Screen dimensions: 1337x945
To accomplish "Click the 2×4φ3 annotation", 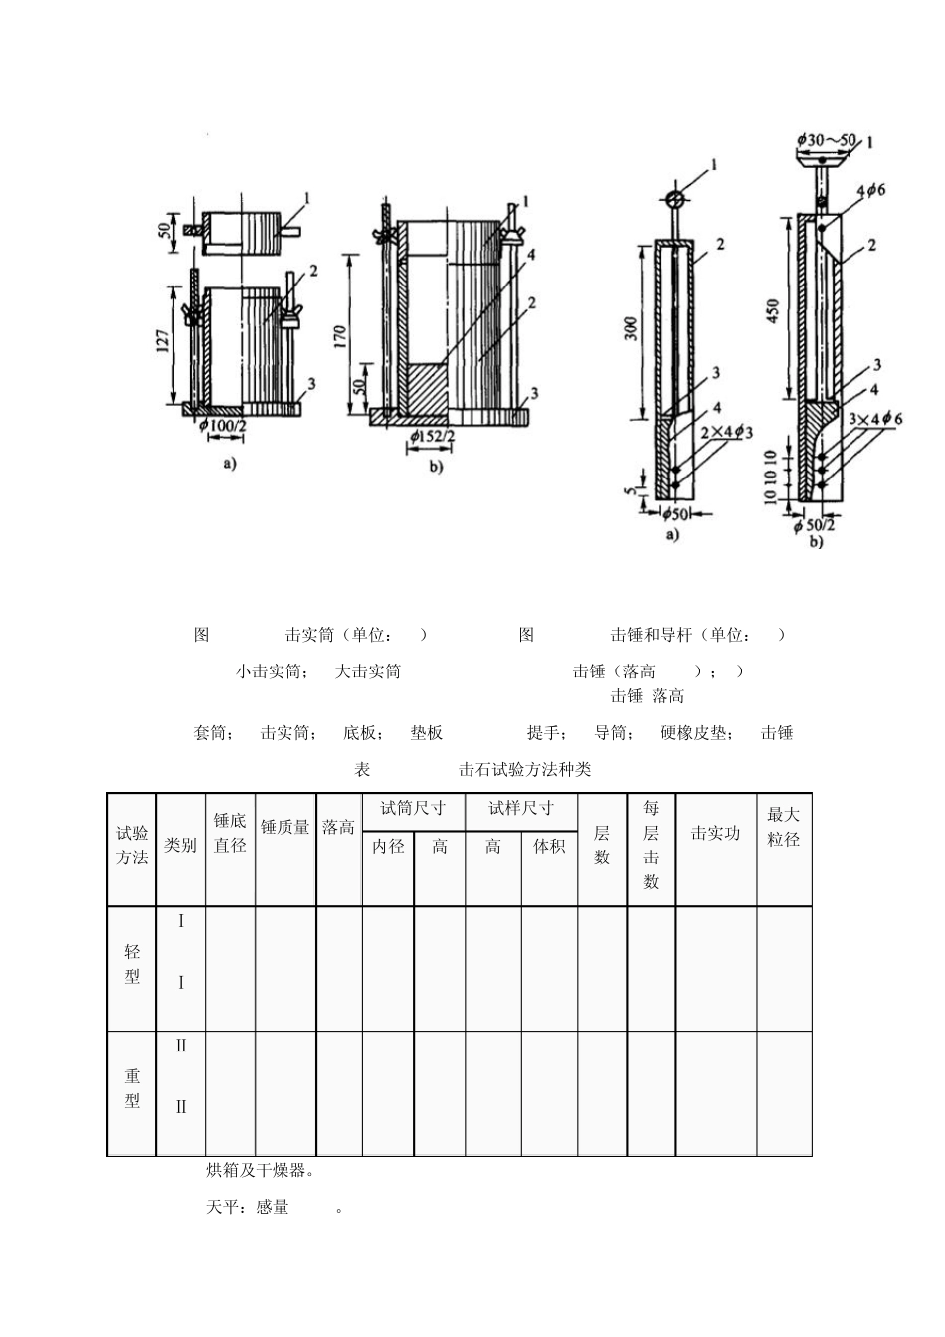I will [x=726, y=431].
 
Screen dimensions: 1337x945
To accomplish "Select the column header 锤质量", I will [x=285, y=827].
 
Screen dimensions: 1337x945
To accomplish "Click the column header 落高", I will [x=338, y=827].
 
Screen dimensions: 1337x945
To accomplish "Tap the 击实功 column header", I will [x=715, y=833].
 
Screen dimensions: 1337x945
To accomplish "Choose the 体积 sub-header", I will [x=549, y=846].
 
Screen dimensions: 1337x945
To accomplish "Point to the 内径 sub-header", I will [x=388, y=846].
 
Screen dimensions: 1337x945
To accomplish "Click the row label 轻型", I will [x=132, y=964].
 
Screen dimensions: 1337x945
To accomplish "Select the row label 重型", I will [x=132, y=1089].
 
